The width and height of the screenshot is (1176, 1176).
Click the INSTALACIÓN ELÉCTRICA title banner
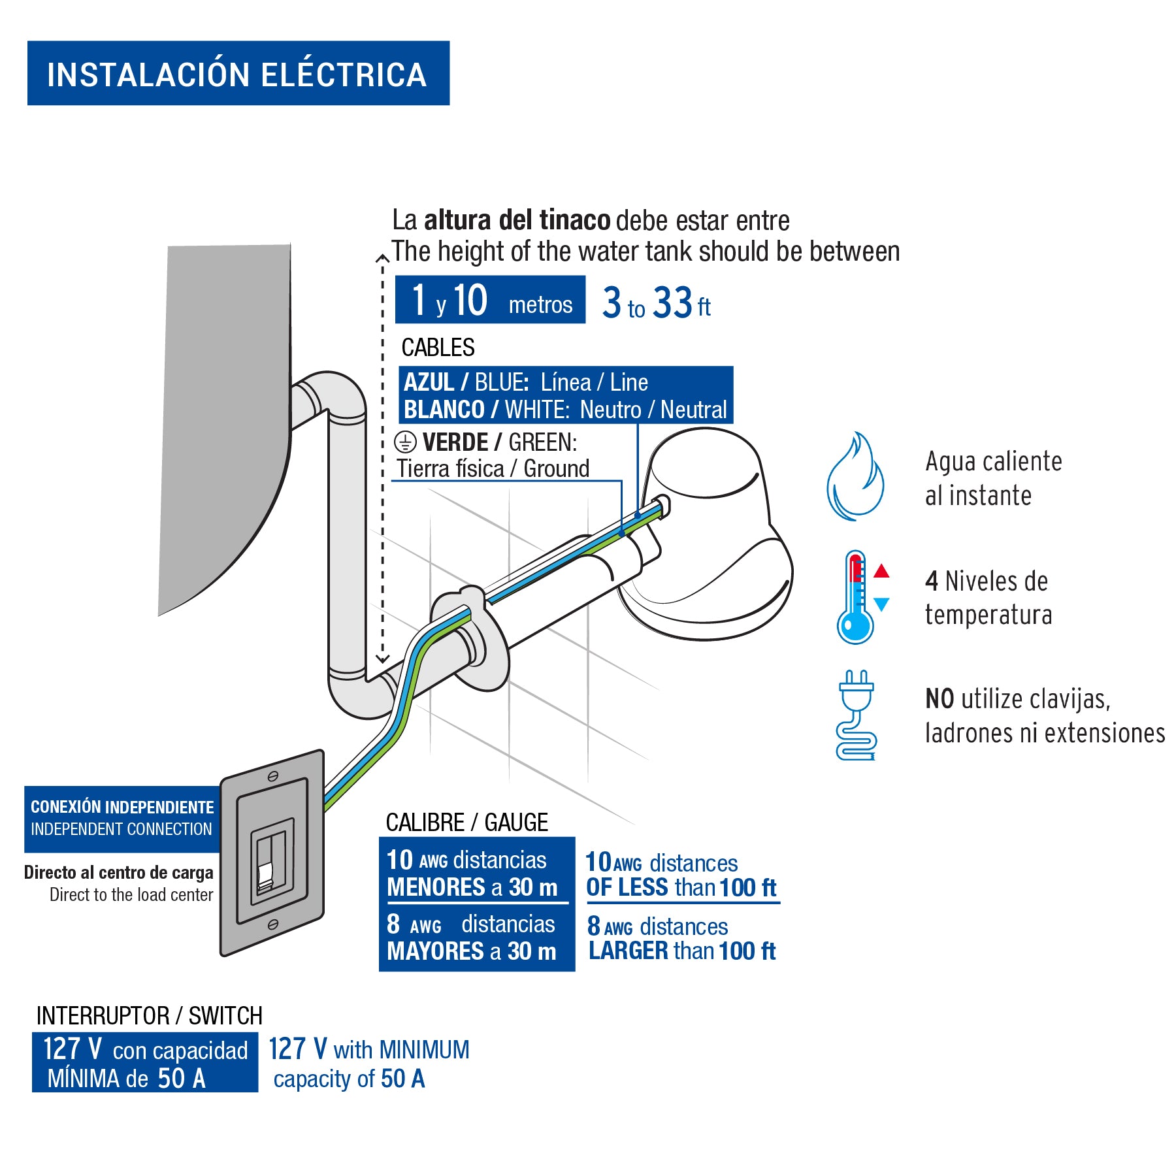238,73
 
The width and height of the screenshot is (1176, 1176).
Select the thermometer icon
855,598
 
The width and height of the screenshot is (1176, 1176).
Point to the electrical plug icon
856,715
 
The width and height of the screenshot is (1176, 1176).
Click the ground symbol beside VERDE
405,442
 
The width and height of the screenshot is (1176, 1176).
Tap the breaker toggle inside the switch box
265,875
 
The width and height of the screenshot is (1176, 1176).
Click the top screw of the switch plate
273,776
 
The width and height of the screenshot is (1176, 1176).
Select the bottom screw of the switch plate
273,924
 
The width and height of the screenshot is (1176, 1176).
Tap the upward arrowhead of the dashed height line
382,259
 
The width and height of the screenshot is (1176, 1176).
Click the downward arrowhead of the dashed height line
382,659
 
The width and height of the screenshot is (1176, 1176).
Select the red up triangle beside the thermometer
881,572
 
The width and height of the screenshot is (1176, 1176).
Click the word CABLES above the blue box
438,348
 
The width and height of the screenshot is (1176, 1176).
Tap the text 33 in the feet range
673,303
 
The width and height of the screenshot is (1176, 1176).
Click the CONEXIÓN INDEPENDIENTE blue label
122,818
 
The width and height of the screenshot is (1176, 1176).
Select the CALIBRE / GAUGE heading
466,822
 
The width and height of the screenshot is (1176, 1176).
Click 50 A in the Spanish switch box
182,1078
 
